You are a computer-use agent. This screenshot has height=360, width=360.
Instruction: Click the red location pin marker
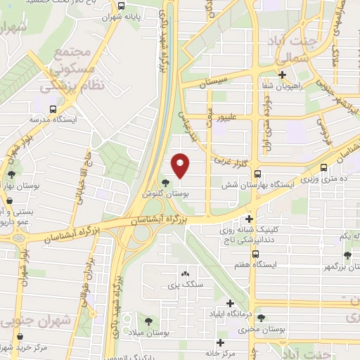(181, 166)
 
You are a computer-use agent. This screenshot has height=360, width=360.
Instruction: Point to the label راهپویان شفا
(283, 85)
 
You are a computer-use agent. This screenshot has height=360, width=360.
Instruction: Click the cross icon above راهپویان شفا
(283, 75)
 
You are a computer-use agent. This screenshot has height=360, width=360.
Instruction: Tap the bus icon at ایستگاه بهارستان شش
(258, 174)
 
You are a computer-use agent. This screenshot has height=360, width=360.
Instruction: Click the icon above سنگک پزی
(185, 274)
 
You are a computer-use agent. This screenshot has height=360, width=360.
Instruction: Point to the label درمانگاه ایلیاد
(230, 311)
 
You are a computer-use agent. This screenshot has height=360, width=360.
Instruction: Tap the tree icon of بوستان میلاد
(148, 321)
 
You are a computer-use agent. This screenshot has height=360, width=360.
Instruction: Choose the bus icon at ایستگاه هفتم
(257, 254)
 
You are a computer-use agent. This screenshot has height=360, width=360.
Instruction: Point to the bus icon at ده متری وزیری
(324, 169)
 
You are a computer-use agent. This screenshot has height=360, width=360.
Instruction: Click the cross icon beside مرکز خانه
(220, 342)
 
